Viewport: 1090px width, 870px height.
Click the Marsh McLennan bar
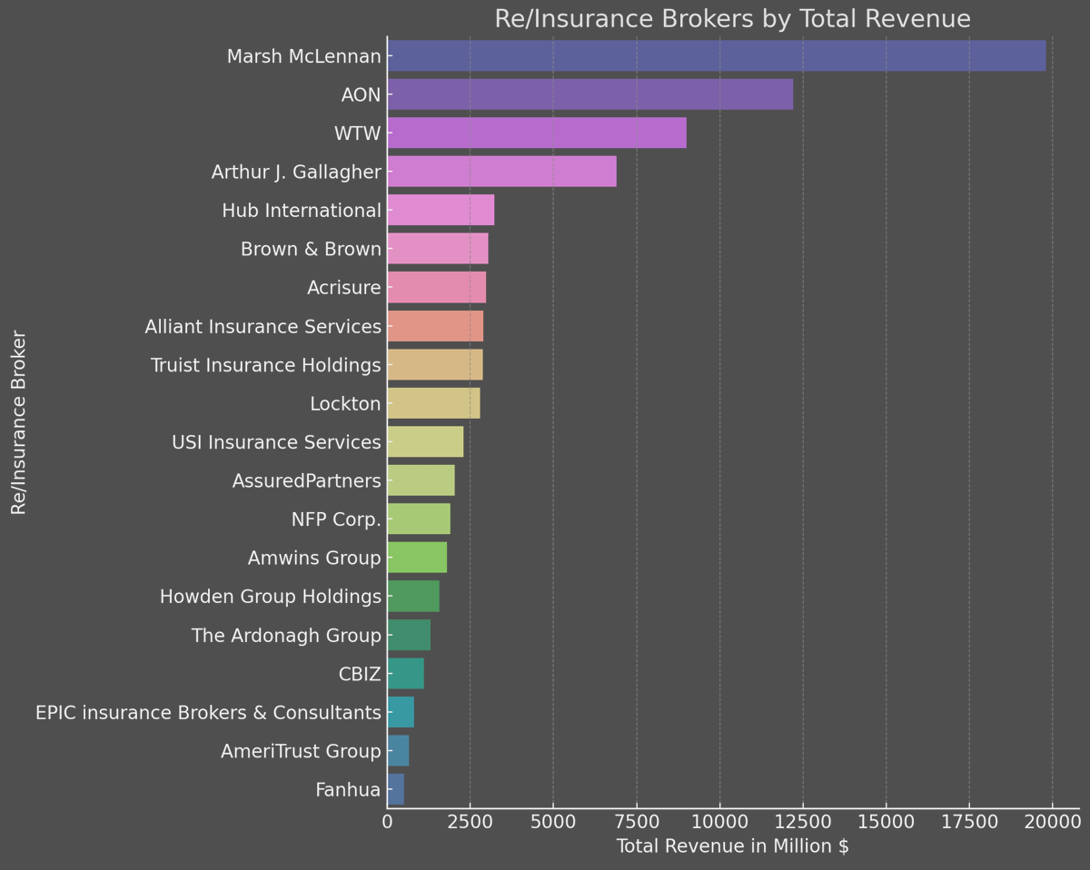coord(716,56)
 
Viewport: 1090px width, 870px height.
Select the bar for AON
coord(590,94)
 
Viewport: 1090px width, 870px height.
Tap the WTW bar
coord(536,133)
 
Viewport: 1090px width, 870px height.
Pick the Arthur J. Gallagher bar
coord(501,172)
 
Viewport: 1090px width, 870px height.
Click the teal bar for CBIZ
coord(405,674)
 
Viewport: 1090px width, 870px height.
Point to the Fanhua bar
coord(395,790)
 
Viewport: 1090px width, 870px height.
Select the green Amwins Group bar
coord(417,558)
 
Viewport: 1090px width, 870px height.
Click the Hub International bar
coord(441,211)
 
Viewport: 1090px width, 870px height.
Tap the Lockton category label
coord(345,404)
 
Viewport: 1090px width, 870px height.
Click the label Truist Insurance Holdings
coord(265,365)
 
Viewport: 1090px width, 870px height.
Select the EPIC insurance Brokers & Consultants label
coord(208,713)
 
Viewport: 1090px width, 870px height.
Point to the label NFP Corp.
coord(336,519)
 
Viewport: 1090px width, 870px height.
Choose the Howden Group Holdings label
coord(270,597)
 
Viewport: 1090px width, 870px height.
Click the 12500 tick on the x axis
coord(803,824)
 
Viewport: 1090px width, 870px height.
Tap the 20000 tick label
coord(1052,824)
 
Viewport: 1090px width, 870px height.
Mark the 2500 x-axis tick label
coord(470,824)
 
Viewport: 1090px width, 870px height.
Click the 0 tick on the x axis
coord(387,824)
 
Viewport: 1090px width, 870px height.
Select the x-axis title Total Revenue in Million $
coord(732,847)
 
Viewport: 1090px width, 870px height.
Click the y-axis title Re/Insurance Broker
coord(18,423)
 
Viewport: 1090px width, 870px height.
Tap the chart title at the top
coord(732,19)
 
